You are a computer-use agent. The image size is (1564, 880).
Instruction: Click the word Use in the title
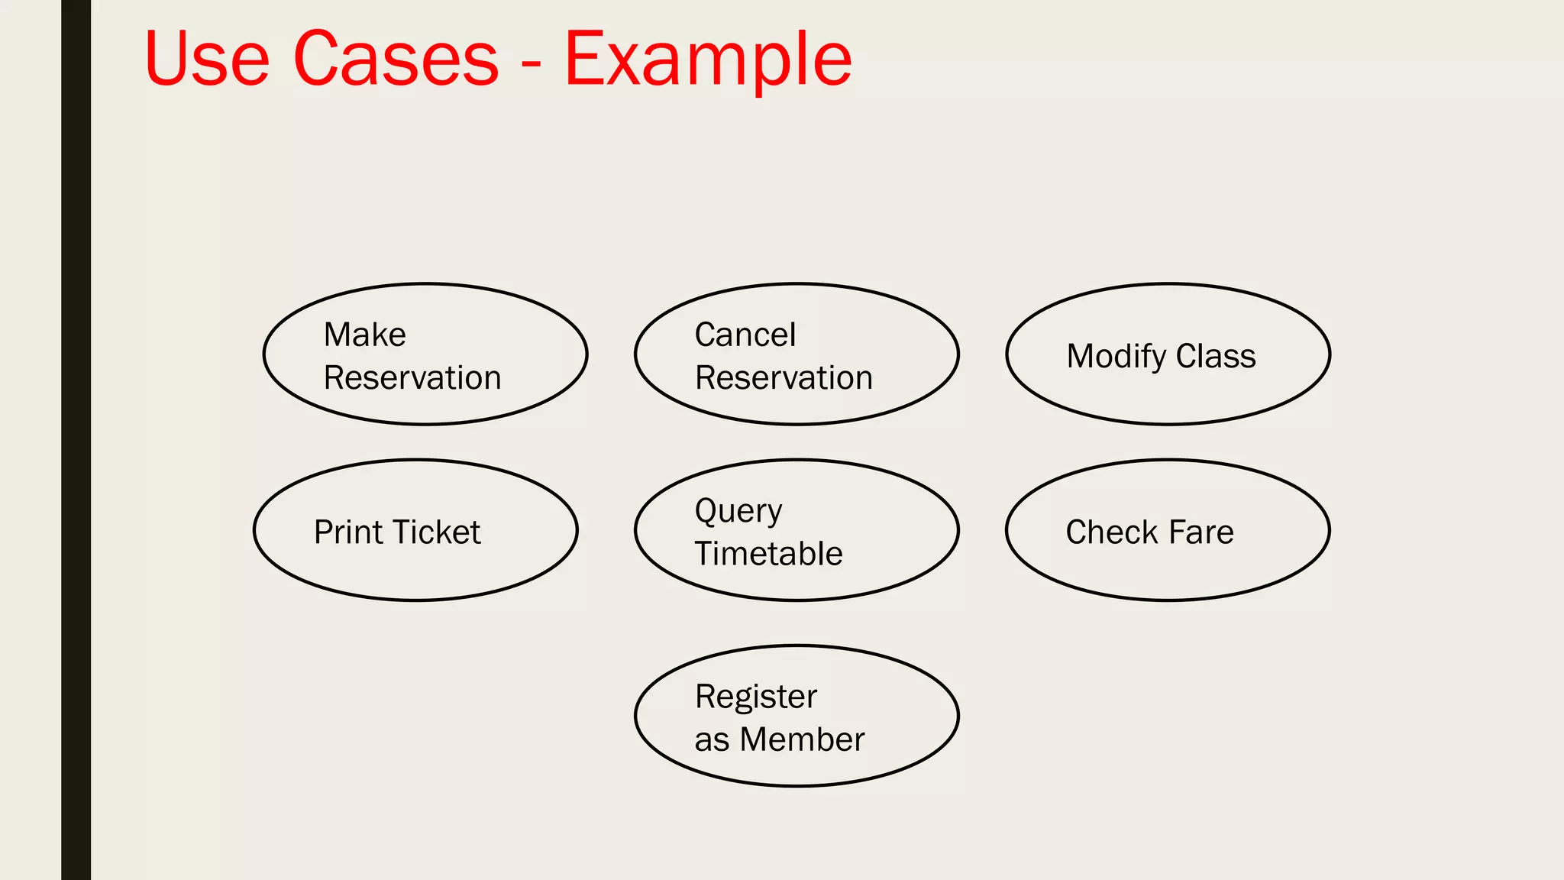207,59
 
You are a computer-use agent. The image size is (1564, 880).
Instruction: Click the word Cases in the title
396,59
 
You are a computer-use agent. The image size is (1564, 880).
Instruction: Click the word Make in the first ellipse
364,335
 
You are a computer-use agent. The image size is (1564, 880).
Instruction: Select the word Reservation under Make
412,378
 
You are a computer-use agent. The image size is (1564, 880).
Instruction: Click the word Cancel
745,335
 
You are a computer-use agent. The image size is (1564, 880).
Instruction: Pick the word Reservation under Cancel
784,378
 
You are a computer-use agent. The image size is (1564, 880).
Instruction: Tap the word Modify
1116,357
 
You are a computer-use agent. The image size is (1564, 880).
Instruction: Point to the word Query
738,511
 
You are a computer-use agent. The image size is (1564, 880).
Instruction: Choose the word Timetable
768,554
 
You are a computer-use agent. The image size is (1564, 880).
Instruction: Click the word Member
802,739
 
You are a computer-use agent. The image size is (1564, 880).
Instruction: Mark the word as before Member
712,740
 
